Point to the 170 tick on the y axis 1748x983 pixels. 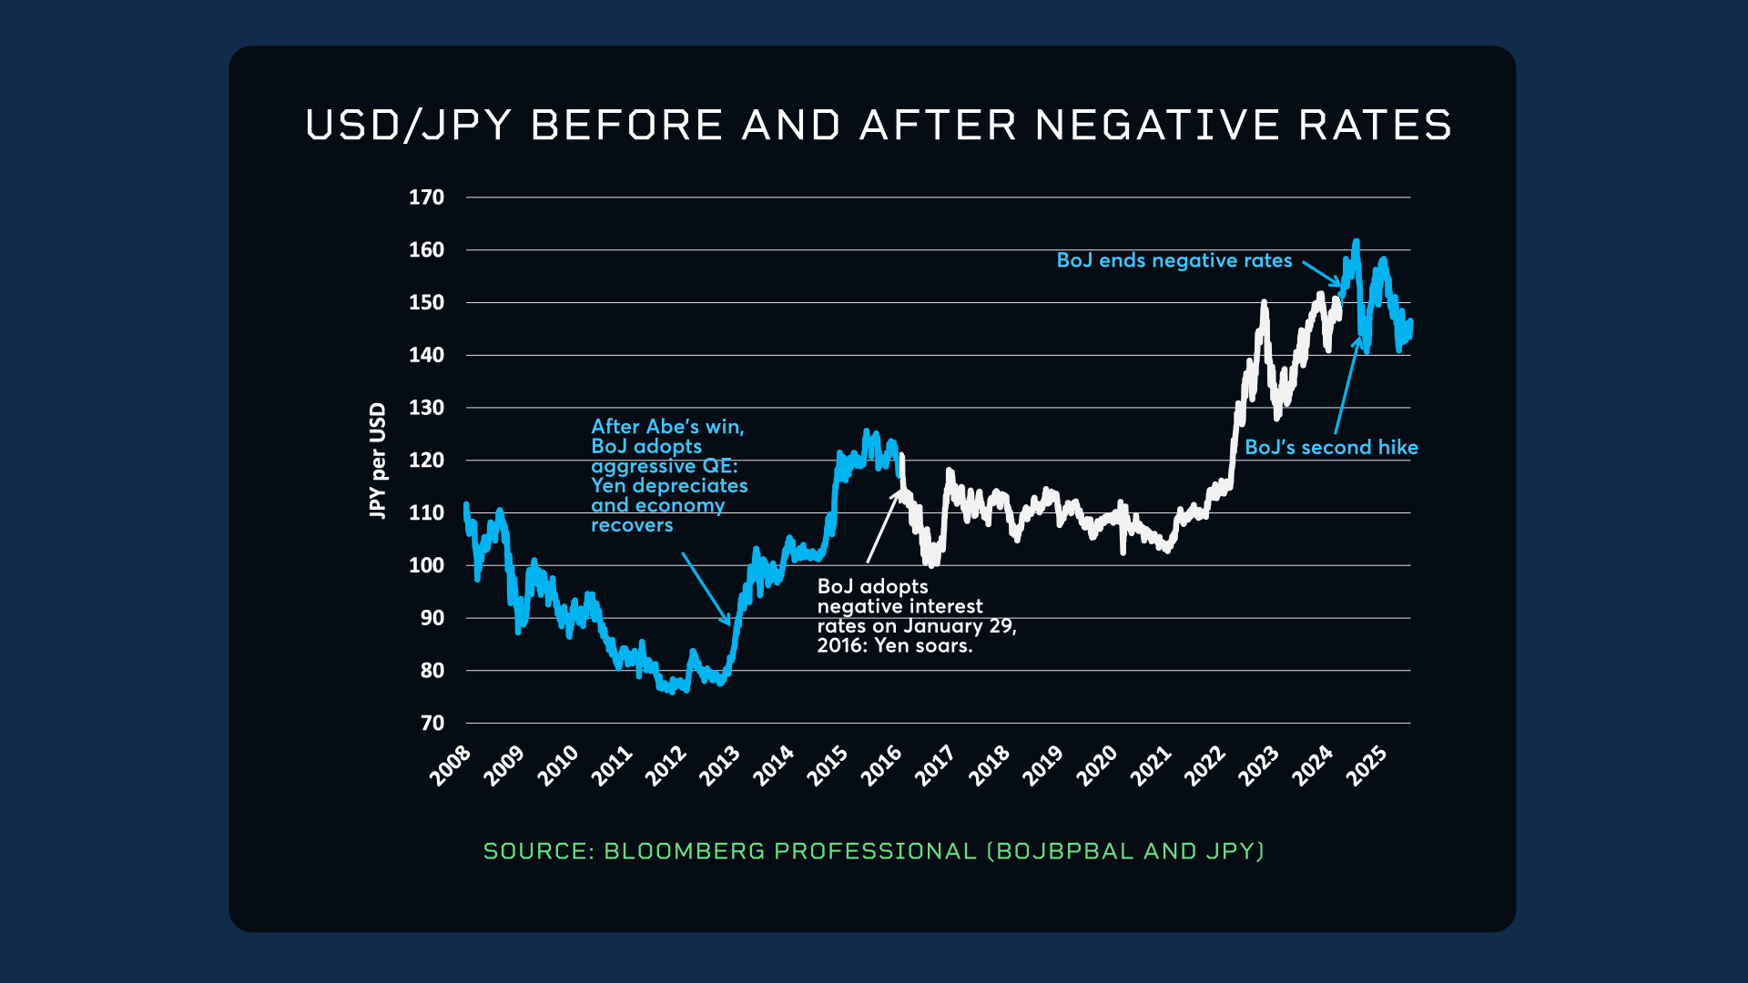tap(426, 198)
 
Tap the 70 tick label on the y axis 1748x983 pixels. tap(432, 724)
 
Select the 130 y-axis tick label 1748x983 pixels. tap(426, 408)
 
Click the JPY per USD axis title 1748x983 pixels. tap(377, 461)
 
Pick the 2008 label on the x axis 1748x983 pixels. tap(451, 765)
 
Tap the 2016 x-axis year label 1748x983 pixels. tap(881, 765)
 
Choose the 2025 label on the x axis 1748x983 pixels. tap(1367, 765)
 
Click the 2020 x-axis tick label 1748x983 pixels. tap(1097, 765)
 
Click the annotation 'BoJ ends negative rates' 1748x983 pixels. tap(1174, 260)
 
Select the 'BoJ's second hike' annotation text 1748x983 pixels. tap(1331, 447)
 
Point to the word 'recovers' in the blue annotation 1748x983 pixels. tap(632, 525)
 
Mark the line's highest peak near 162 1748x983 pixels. tap(1357, 242)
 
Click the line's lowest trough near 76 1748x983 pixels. tap(672, 691)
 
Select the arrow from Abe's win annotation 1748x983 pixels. tap(706, 590)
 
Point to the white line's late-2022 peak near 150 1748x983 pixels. tap(1264, 303)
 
